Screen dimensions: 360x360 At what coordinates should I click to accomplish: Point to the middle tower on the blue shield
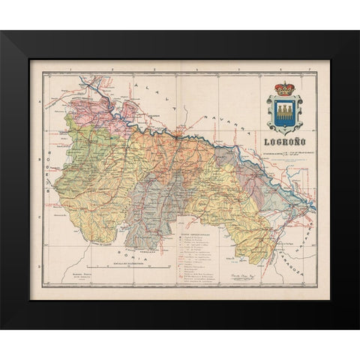click(x=285, y=113)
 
